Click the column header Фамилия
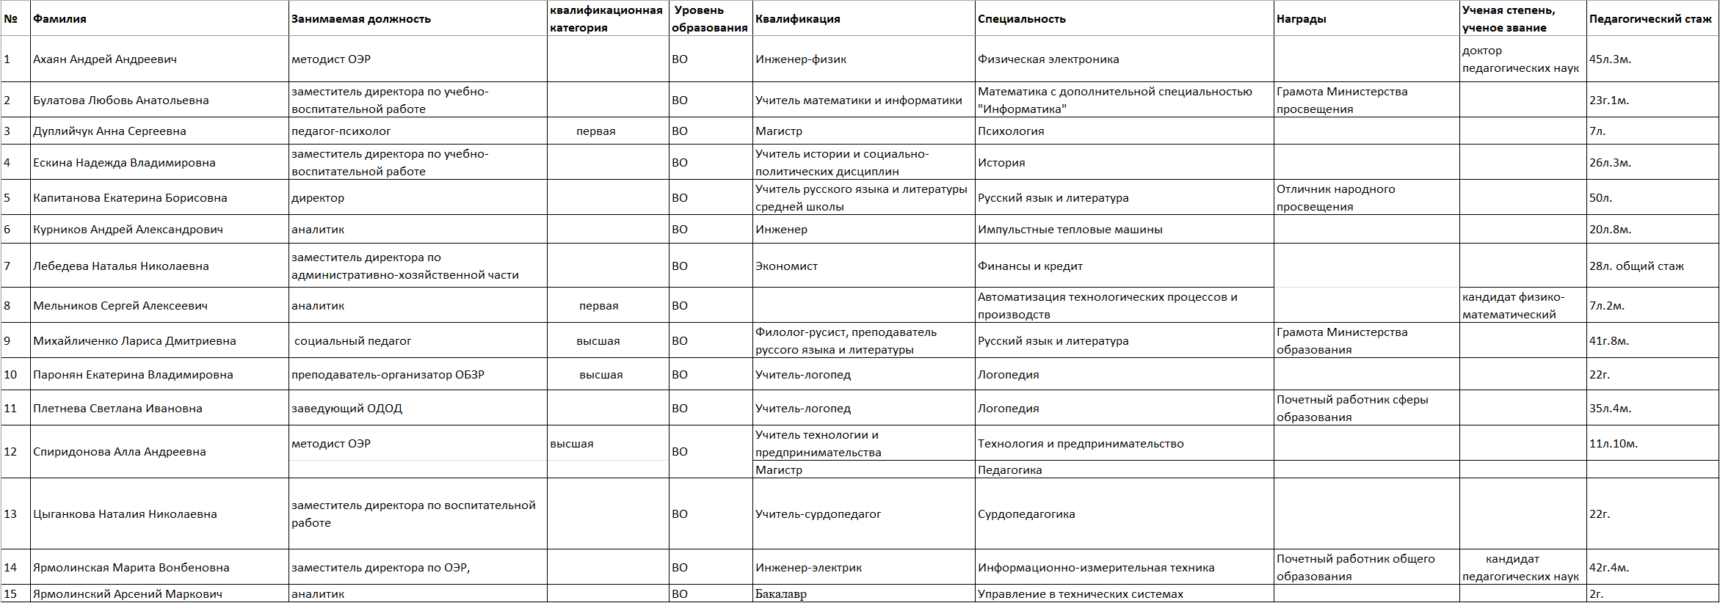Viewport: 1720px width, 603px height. point(59,19)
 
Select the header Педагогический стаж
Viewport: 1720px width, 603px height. point(1650,19)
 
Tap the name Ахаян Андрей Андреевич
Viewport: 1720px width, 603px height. point(105,59)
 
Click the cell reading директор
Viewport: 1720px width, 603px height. point(318,198)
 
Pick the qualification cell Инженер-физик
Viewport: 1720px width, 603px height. point(801,59)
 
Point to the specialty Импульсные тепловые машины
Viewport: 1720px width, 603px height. point(1070,230)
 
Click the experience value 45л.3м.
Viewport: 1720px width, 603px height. point(1610,59)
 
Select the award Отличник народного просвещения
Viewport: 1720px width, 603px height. point(1336,198)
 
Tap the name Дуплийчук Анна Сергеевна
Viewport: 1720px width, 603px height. point(109,131)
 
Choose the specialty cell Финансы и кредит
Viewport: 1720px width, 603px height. point(1030,266)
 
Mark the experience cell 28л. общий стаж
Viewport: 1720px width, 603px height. point(1636,266)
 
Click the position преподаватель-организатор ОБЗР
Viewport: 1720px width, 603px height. point(388,375)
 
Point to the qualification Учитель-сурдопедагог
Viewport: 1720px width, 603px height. point(818,514)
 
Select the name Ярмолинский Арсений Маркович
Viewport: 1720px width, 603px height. point(128,594)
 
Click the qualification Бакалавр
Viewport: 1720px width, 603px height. point(780,594)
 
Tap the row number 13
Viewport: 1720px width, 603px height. point(10,514)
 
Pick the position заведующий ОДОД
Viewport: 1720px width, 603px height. point(346,409)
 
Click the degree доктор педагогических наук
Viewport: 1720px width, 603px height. point(1520,59)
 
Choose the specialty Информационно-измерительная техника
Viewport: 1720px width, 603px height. point(1096,568)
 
